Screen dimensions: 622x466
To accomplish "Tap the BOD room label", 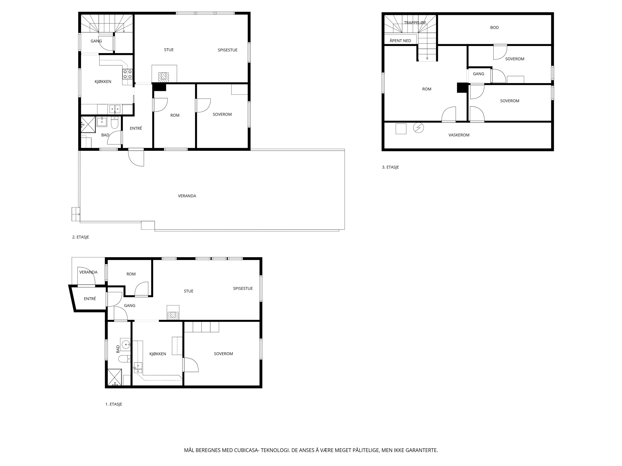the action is coord(494,28).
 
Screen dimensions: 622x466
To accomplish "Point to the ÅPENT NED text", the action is coord(400,41).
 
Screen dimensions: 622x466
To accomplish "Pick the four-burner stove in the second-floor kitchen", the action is coord(127,74).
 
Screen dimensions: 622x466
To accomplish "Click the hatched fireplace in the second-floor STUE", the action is coord(163,77).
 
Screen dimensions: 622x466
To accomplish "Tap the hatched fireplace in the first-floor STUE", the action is coord(173,316).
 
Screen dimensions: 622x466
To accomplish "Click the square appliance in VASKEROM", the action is coord(401,129).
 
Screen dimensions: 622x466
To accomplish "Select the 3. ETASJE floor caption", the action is coord(390,167).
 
